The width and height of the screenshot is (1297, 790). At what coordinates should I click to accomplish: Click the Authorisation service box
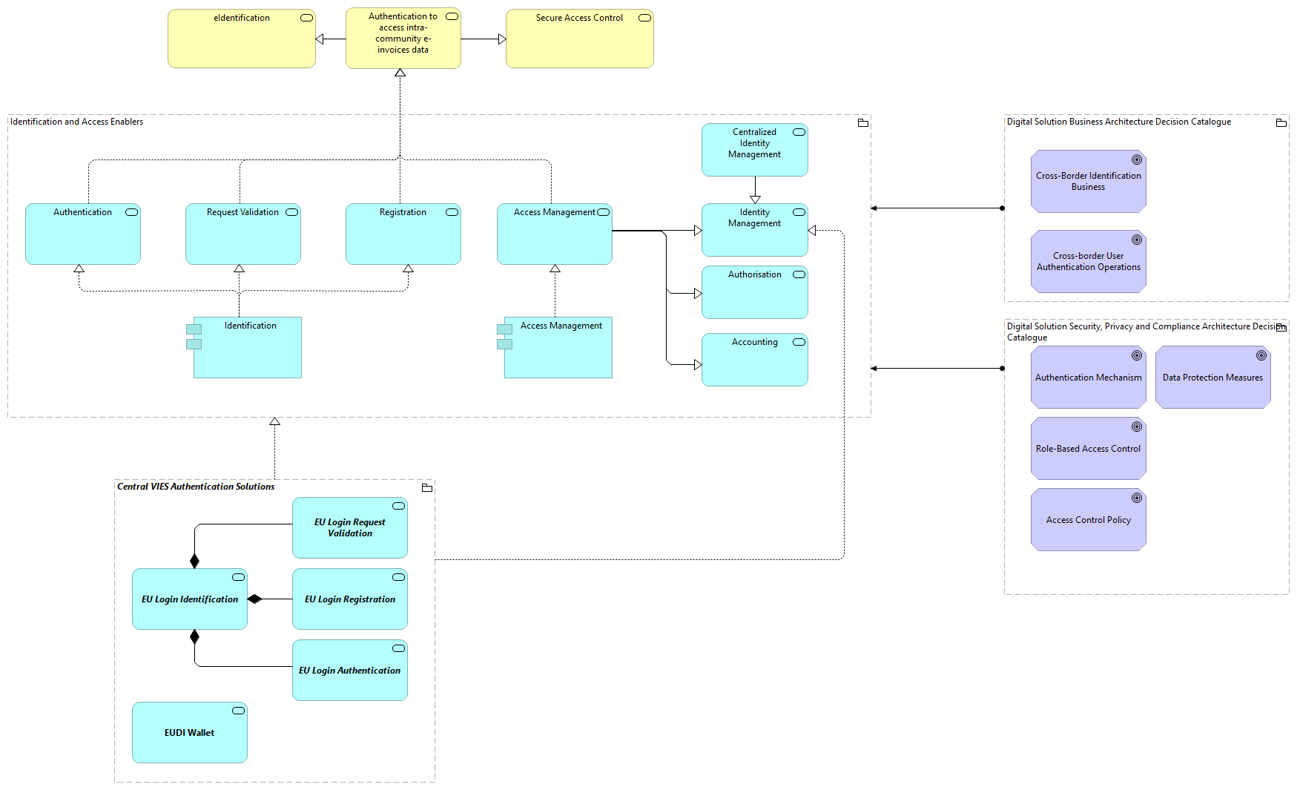[754, 292]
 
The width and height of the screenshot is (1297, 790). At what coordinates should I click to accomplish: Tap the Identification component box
[247, 348]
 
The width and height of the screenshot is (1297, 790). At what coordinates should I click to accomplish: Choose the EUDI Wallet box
[189, 733]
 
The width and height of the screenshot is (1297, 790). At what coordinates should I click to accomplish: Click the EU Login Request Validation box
[349, 528]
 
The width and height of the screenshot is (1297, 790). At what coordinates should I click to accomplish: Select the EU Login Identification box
[189, 599]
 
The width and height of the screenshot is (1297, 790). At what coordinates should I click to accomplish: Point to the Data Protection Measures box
[1212, 378]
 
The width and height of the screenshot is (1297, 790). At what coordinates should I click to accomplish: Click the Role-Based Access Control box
[1088, 449]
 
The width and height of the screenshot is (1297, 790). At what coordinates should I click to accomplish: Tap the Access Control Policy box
[1088, 520]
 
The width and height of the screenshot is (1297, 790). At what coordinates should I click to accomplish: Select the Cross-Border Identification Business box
[1088, 182]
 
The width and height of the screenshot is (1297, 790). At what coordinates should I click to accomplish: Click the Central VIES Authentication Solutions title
[196, 487]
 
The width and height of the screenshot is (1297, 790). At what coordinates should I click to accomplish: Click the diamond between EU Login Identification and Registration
[255, 599]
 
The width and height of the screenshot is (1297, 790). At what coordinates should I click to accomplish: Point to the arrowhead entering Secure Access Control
[502, 39]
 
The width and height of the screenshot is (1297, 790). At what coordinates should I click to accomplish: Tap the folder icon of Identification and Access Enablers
[862, 123]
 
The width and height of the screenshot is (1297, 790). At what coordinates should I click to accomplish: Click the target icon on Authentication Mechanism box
[1136, 355]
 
